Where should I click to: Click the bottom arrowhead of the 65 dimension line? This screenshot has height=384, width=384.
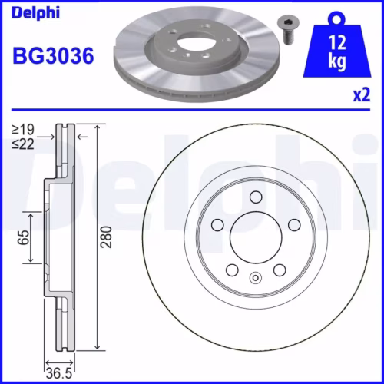pyautogui.click(x=31, y=261)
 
